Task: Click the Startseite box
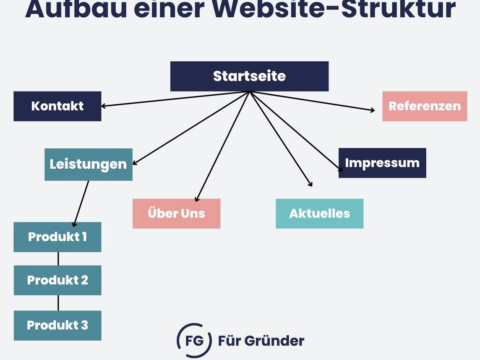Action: (250, 76)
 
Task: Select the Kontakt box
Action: (57, 106)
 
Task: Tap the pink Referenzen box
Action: (425, 106)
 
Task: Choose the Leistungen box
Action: (89, 164)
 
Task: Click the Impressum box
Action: (382, 163)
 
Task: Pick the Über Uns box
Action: (176, 214)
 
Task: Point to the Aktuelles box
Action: (320, 214)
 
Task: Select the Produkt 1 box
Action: (57, 237)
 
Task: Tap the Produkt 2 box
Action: (57, 280)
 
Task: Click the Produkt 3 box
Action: (57, 326)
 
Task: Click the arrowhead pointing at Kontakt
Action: (103, 106)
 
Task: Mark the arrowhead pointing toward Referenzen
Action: (372, 110)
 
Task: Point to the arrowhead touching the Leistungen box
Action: (135, 163)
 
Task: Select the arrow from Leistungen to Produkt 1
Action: (81, 203)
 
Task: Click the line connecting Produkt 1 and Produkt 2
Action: (58, 259)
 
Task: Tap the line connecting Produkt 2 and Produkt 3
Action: (58, 303)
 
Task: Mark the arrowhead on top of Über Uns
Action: (197, 199)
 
